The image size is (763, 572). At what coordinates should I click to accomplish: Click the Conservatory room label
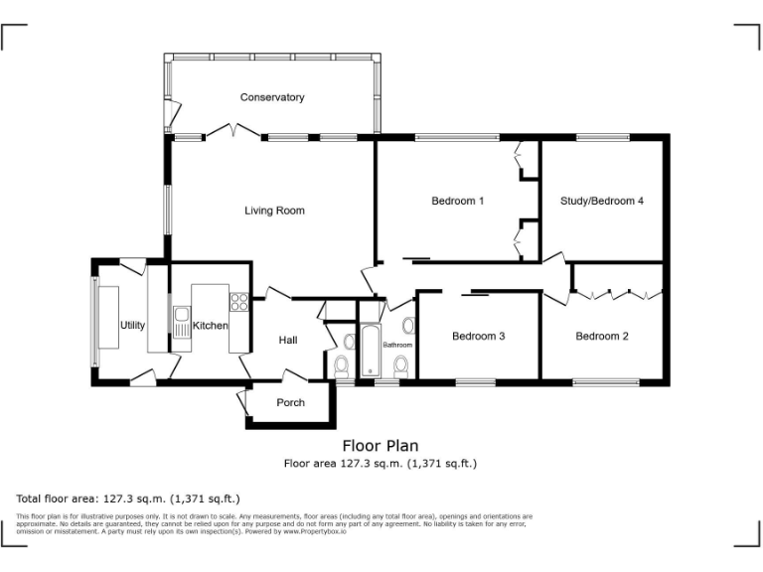(x=271, y=97)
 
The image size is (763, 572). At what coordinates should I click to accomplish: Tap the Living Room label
(x=274, y=211)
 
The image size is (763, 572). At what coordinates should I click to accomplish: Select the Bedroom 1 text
(x=457, y=201)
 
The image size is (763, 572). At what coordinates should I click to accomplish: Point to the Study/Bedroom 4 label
(x=602, y=201)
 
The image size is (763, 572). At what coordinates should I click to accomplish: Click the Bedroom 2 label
(x=602, y=336)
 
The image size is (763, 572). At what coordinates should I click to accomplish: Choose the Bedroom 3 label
(x=479, y=336)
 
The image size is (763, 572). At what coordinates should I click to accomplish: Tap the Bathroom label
(x=398, y=345)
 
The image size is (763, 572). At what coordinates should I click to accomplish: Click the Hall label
(x=288, y=340)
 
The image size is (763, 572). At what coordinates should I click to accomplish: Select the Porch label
(x=290, y=402)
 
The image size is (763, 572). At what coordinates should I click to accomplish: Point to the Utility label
(x=132, y=325)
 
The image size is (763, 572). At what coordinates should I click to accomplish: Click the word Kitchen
(x=211, y=325)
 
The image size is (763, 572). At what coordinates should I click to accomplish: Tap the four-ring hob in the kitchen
(x=238, y=301)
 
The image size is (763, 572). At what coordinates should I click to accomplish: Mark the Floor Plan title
(x=381, y=446)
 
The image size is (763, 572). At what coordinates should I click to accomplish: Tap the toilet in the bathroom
(x=400, y=366)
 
